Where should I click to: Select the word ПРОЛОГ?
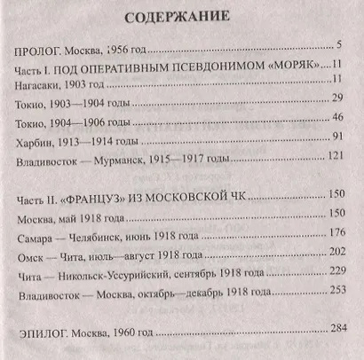[x=42, y=48]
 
